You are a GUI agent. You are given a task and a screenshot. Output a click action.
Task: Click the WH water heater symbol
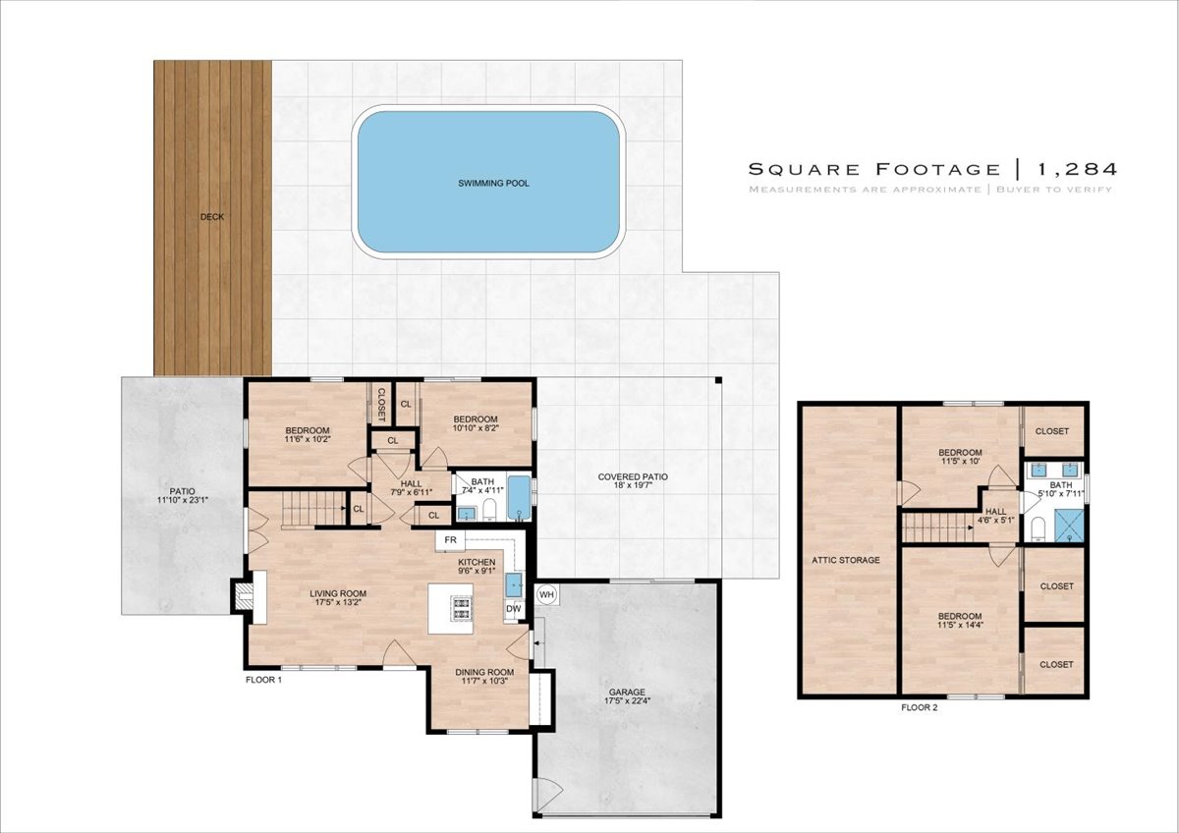pyautogui.click(x=547, y=594)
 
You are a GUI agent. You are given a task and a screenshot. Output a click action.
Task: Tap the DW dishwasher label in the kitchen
pyautogui.click(x=513, y=609)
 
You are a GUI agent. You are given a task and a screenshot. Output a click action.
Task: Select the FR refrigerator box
pyautogui.click(x=451, y=540)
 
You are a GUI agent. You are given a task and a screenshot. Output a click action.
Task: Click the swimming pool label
pyautogui.click(x=493, y=183)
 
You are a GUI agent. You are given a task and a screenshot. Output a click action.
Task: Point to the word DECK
pyautogui.click(x=212, y=217)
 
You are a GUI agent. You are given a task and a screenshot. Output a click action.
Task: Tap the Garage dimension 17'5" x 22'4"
pyautogui.click(x=627, y=700)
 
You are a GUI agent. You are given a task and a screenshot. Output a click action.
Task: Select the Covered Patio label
pyautogui.click(x=633, y=476)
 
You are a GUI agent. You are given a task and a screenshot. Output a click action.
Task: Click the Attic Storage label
pyautogui.click(x=846, y=560)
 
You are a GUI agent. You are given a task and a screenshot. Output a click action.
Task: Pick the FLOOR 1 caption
pyautogui.click(x=263, y=680)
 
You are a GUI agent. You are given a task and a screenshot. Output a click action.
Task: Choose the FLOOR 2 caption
pyautogui.click(x=920, y=708)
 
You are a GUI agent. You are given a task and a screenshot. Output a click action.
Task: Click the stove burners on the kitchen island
pyautogui.click(x=462, y=608)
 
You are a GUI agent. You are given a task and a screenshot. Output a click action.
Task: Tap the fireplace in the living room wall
pyautogui.click(x=244, y=597)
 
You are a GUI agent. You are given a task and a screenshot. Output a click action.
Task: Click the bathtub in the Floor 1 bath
pyautogui.click(x=520, y=497)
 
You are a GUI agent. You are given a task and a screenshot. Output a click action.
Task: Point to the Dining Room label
pyautogui.click(x=484, y=672)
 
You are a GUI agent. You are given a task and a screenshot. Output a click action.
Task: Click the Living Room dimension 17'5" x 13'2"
pyautogui.click(x=338, y=602)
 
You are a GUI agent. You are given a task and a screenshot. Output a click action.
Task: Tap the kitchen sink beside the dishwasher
pyautogui.click(x=514, y=585)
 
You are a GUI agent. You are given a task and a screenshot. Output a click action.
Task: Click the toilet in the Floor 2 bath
pyautogui.click(x=1038, y=528)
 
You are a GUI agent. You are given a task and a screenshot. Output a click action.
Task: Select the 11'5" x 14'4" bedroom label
pyautogui.click(x=960, y=625)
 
